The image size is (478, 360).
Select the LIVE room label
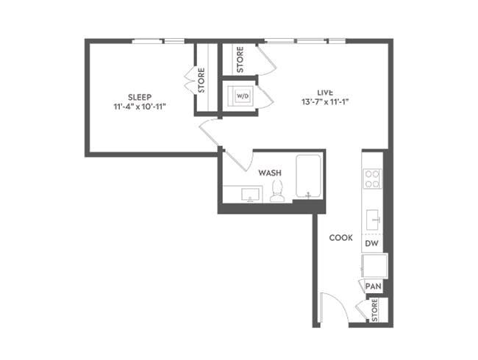coord(325,92)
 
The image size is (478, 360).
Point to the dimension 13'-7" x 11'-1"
coord(325,102)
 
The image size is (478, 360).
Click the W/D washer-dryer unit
coord(240,96)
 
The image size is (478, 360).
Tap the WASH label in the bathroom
coord(270,173)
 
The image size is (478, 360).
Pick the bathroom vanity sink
coord(250,194)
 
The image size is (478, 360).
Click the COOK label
coord(340,238)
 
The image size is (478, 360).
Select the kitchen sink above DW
coord(373,218)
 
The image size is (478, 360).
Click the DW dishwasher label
coord(373,242)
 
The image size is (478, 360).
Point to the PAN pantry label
coord(373,286)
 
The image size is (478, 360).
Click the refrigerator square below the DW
coord(374,264)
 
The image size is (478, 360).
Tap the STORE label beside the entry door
coord(374,309)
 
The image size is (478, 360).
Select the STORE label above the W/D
coord(240,60)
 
